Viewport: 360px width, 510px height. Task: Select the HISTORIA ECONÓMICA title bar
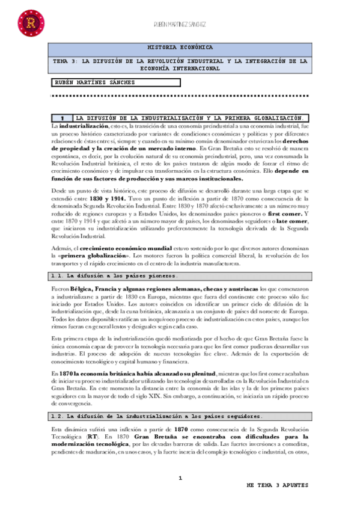tap(180, 47)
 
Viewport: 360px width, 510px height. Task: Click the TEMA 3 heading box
tap(180, 65)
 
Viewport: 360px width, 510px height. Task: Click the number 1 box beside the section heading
tap(61, 118)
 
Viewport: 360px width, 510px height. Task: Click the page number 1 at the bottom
tap(180, 479)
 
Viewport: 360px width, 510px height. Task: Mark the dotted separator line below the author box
tap(180, 95)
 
